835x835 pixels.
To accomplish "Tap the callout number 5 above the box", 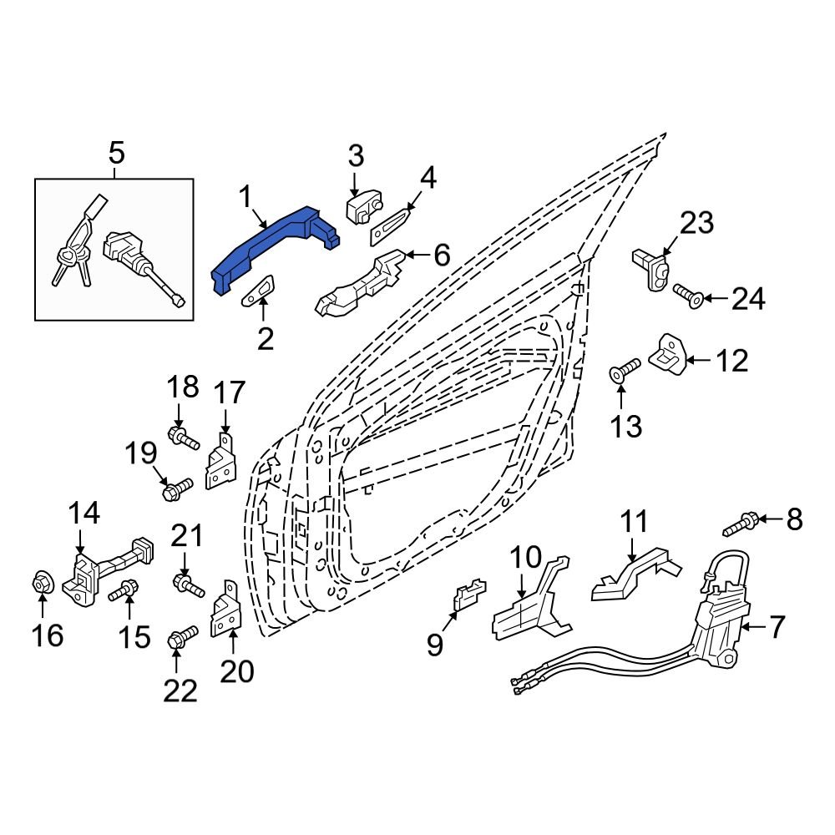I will (116, 153).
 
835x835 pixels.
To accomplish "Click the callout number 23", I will (697, 223).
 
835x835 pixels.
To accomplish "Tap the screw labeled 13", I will (625, 370).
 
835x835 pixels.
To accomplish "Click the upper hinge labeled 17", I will (221, 463).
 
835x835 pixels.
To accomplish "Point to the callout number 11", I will (634, 524).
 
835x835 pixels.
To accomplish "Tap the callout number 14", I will (83, 513).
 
